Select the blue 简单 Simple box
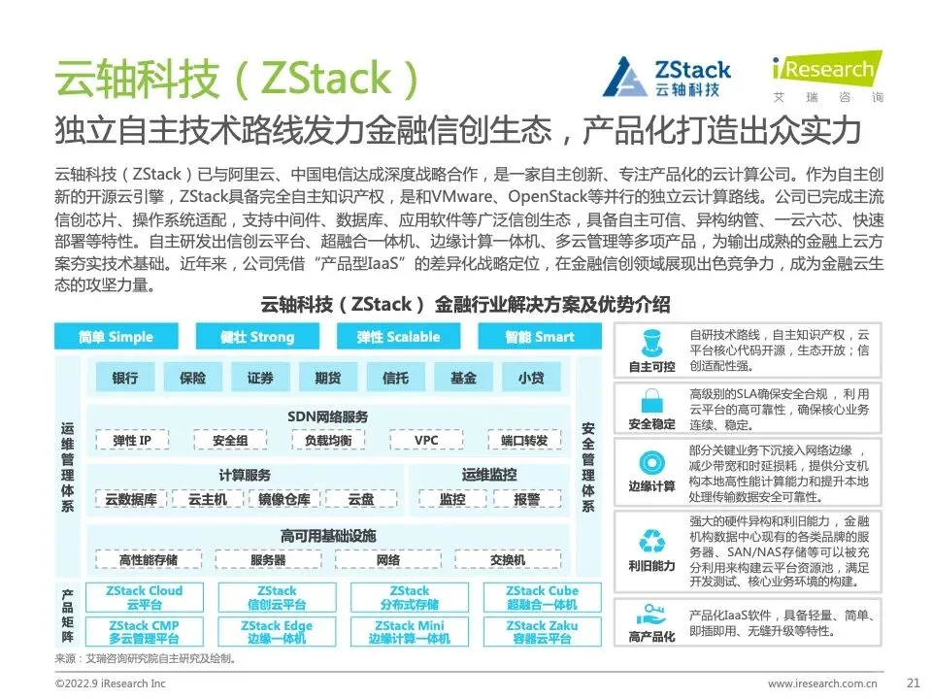coord(116,337)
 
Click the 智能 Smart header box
coord(540,337)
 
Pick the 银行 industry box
coord(125,378)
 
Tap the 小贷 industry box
coord(530,378)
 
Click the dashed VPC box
coord(426,441)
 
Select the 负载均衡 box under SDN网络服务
coord(327,441)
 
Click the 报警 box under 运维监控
coord(527,499)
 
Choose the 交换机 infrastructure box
coord(508,560)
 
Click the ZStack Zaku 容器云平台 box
coord(542,632)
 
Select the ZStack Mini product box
coord(410,632)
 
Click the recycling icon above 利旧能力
coord(650,540)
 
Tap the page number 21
coord(912,682)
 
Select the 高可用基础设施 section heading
coord(327,536)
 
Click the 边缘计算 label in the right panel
coord(651,486)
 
